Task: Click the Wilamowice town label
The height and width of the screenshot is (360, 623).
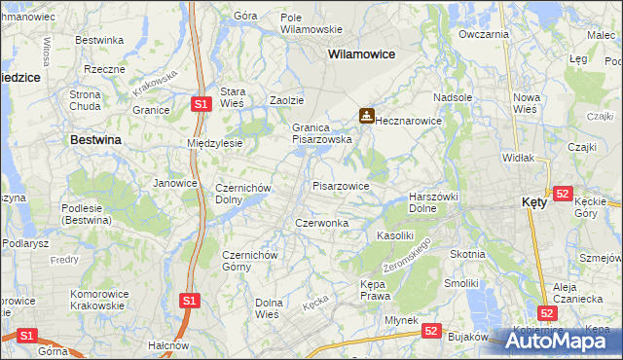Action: (361, 54)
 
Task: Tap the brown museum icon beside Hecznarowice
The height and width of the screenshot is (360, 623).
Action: (366, 116)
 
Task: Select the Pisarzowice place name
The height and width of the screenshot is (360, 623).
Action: (340, 185)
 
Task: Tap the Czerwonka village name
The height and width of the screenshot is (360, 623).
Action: (321, 223)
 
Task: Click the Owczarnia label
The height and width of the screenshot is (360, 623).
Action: (484, 34)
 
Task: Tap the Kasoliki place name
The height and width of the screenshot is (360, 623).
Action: (395, 235)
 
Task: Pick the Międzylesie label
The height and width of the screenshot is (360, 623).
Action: (214, 143)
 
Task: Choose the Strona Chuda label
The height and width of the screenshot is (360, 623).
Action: (85, 100)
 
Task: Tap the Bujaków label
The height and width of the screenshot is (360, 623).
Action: (466, 335)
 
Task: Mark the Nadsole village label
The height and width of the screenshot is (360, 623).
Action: (453, 97)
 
